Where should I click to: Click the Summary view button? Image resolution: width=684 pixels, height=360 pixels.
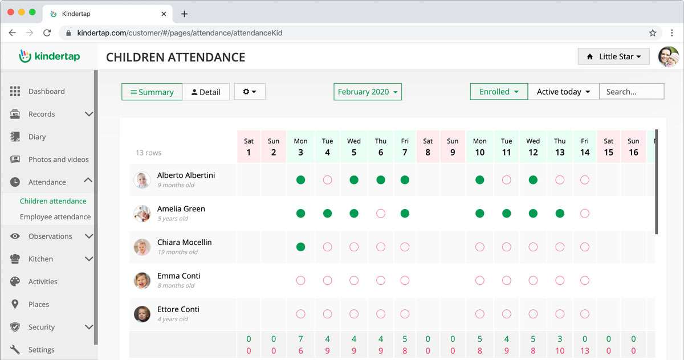click(152, 92)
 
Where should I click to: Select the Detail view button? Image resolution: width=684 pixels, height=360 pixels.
click(206, 92)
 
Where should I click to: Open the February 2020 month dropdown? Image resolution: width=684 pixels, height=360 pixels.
click(368, 92)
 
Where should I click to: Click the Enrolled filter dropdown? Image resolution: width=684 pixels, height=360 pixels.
click(499, 92)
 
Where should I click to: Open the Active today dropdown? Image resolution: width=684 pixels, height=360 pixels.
click(563, 92)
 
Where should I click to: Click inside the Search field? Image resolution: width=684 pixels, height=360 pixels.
click(632, 92)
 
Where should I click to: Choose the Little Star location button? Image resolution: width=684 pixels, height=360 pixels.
click(613, 56)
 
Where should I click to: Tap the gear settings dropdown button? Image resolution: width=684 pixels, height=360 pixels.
click(250, 92)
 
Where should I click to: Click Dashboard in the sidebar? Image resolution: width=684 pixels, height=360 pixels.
click(46, 91)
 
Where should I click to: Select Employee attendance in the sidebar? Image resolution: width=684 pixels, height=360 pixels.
click(55, 216)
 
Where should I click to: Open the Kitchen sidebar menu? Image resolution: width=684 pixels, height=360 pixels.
click(40, 259)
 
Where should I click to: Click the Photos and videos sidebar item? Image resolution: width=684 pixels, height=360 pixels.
click(58, 159)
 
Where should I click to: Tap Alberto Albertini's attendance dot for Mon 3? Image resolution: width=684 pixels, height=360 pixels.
click(300, 180)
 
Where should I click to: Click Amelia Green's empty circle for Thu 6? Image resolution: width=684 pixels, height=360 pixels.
click(381, 214)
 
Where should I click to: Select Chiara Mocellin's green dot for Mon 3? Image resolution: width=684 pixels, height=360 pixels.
click(300, 247)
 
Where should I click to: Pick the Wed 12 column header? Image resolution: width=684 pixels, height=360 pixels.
click(533, 147)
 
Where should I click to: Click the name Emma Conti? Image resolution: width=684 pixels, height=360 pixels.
click(178, 276)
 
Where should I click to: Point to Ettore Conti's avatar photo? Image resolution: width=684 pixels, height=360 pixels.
click(142, 313)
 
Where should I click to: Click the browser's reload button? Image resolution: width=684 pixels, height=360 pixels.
click(47, 33)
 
